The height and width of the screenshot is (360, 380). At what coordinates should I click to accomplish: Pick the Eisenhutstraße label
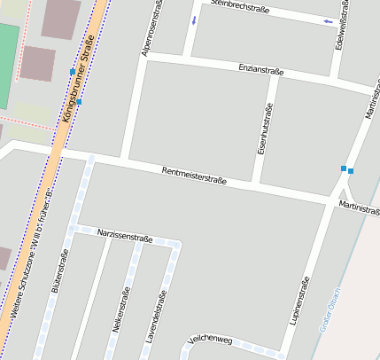(x=262, y=131)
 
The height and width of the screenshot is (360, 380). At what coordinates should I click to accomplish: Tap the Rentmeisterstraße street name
(x=194, y=176)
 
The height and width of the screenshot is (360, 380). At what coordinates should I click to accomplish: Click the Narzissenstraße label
(x=125, y=237)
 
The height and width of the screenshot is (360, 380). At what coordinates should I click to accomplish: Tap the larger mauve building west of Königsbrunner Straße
(x=60, y=19)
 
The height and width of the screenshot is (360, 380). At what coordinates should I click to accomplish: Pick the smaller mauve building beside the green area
(x=38, y=63)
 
